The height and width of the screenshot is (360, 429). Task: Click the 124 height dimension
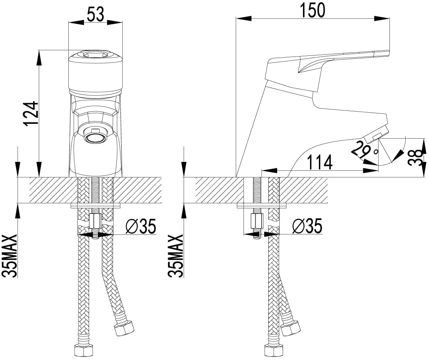[x=31, y=113]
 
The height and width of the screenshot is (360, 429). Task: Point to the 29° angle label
[x=365, y=150]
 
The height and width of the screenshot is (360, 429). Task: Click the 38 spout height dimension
[x=416, y=158]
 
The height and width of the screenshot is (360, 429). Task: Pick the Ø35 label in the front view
[x=141, y=226]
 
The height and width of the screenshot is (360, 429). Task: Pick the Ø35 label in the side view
[x=307, y=226]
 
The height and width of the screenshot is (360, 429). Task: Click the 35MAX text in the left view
[x=10, y=256]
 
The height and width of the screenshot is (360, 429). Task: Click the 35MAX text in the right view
[x=176, y=256]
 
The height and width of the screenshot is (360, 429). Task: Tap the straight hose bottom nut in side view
[x=272, y=350]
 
